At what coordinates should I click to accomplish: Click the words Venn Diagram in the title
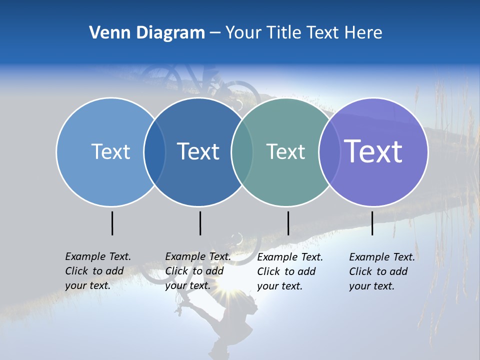coord(146,33)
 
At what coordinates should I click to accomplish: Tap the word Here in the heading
coord(363,33)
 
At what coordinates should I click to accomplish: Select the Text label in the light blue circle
coord(110,151)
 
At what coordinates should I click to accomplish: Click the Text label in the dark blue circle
coord(198,151)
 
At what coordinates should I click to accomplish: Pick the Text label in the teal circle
coord(285,151)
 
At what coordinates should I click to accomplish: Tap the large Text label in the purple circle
coord(373,151)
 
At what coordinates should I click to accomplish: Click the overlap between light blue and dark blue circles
coord(154,152)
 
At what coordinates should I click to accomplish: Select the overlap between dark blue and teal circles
coord(242,152)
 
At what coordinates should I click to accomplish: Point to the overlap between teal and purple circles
coord(328,152)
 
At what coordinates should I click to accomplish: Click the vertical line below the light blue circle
coord(112,223)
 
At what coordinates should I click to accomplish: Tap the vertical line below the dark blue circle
coord(200,223)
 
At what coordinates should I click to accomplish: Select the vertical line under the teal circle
coord(288,223)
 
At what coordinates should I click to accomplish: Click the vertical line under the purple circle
coord(372,223)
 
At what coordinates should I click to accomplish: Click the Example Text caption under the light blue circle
coord(97,271)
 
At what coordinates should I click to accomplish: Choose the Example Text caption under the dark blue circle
coord(197,271)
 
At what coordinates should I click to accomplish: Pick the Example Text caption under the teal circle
coord(289,271)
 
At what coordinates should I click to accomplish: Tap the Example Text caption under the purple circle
coord(381,271)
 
